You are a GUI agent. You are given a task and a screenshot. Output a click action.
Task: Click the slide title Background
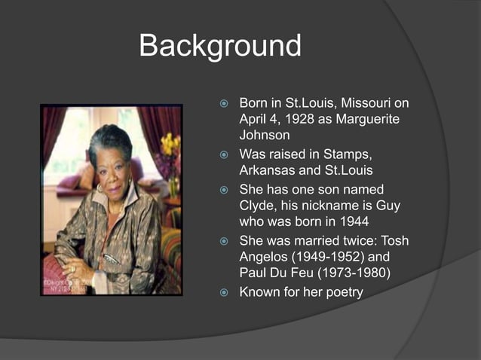pyautogui.click(x=220, y=46)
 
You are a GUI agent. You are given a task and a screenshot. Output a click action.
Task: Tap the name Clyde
pyautogui.click(x=258, y=206)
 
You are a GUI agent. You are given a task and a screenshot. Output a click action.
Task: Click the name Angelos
pyautogui.click(x=265, y=258)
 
